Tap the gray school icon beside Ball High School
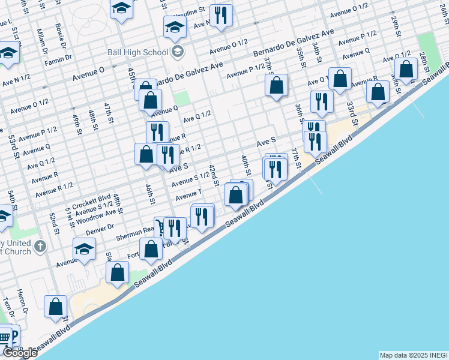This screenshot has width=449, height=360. (177, 52)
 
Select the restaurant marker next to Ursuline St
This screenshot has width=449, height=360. (221, 16)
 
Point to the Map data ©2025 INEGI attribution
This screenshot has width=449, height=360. (412, 355)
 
